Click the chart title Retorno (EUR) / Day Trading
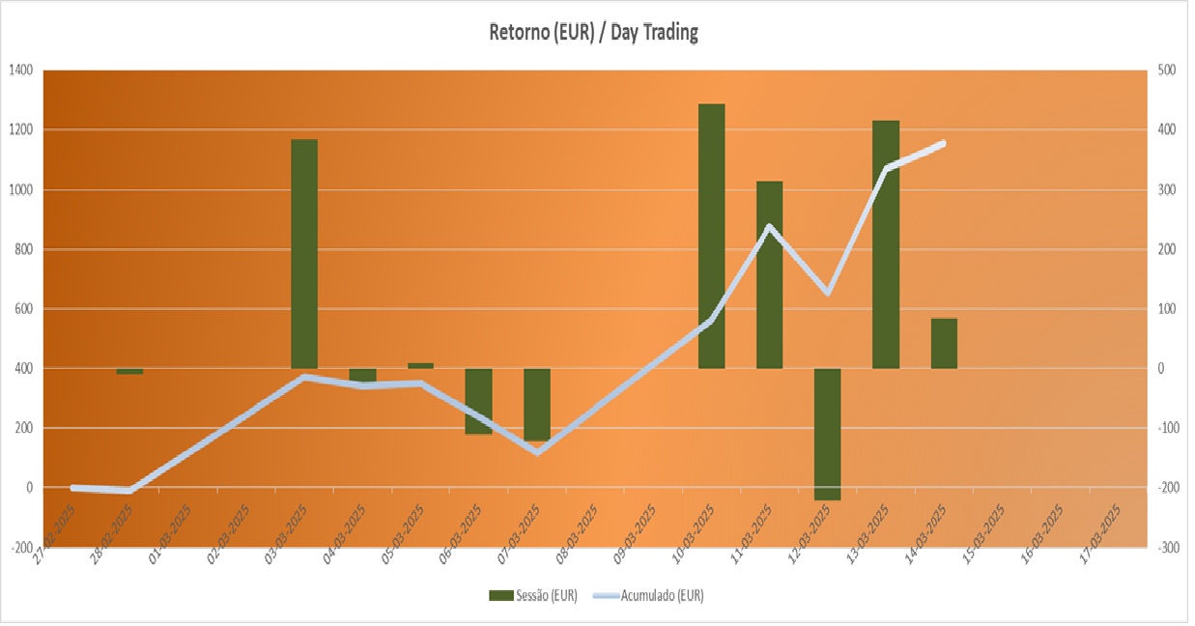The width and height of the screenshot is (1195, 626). click(593, 32)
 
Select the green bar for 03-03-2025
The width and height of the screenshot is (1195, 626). click(304, 253)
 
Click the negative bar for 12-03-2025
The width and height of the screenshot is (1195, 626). click(827, 434)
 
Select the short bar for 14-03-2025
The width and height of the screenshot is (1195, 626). click(944, 343)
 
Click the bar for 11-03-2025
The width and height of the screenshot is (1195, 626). click(769, 274)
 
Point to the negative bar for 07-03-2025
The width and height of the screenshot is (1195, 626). click(537, 404)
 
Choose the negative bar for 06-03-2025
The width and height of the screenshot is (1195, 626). click(478, 401)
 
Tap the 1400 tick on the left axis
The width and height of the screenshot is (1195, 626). click(20, 71)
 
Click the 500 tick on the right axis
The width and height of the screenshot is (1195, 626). click(1167, 71)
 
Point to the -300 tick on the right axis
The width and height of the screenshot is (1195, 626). click(1167, 548)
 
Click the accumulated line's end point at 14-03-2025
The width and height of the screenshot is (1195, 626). click(944, 143)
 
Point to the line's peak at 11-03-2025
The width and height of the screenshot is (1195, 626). click(769, 227)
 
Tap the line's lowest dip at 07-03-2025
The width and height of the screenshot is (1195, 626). click(537, 451)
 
